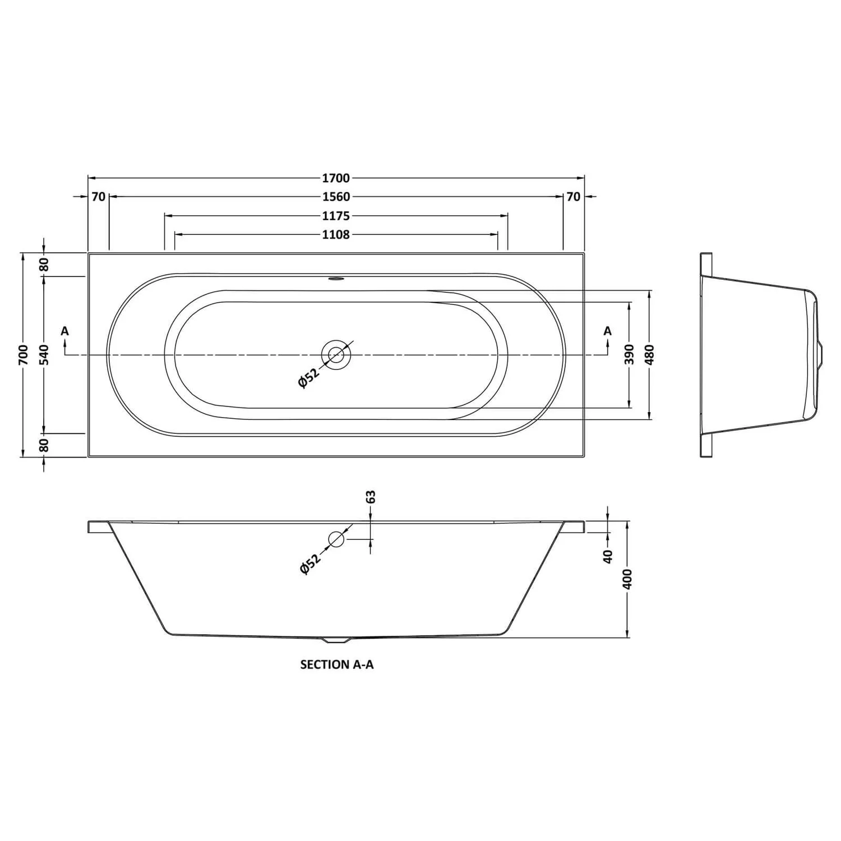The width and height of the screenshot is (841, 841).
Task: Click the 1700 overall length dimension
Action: click(x=336, y=178)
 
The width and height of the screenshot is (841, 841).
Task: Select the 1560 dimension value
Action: click(x=336, y=197)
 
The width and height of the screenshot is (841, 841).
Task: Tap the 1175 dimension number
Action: click(x=336, y=216)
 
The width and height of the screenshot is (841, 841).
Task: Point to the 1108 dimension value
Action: click(x=336, y=234)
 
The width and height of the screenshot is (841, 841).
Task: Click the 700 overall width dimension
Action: click(x=23, y=354)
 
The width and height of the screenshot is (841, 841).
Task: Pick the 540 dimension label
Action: click(x=44, y=354)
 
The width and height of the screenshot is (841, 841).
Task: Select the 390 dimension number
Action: click(x=629, y=354)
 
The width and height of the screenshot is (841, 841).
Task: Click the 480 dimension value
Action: click(x=650, y=354)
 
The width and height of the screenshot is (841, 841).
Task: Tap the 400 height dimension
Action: click(x=627, y=579)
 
